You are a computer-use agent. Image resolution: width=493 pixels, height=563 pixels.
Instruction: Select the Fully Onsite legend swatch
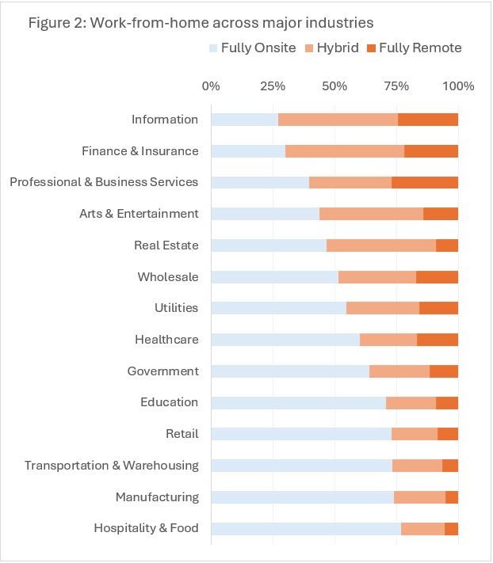pyautogui.click(x=212, y=48)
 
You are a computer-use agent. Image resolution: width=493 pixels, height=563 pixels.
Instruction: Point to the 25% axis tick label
pyautogui.click(x=273, y=86)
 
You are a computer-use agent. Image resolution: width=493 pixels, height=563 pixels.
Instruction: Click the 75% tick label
pyautogui.click(x=396, y=86)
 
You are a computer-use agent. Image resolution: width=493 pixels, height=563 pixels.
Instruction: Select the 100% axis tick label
pyautogui.click(x=458, y=86)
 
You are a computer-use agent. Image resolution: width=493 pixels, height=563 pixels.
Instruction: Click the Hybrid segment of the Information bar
pyautogui.click(x=338, y=120)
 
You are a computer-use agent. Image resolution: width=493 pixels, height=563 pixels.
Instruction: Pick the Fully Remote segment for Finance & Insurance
pyautogui.click(x=431, y=151)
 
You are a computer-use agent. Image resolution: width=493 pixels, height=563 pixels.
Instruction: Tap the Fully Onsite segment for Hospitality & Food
pyautogui.click(x=306, y=528)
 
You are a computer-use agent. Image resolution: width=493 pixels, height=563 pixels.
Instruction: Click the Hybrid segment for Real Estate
pyautogui.click(x=381, y=245)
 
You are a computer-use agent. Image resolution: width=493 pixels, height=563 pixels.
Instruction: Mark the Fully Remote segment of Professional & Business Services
pyautogui.click(x=425, y=182)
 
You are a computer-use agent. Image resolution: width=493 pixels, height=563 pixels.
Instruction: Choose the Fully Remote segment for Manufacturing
pyautogui.click(x=452, y=497)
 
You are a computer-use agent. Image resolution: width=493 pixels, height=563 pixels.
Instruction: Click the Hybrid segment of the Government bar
pyautogui.click(x=399, y=371)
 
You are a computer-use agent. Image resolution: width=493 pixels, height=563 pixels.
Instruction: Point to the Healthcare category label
pyautogui.click(x=166, y=340)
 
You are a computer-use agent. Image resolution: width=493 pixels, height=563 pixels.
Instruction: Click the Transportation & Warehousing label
pyautogui.click(x=111, y=466)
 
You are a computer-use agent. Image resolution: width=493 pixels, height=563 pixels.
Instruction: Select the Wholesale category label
pyautogui.click(x=168, y=277)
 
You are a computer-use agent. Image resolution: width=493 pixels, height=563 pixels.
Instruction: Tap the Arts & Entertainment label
pyautogui.click(x=139, y=214)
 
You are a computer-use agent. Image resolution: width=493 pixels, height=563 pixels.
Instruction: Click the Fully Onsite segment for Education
pyautogui.click(x=298, y=402)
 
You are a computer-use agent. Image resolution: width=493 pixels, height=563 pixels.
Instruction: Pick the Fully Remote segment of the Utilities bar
pyautogui.click(x=438, y=308)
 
